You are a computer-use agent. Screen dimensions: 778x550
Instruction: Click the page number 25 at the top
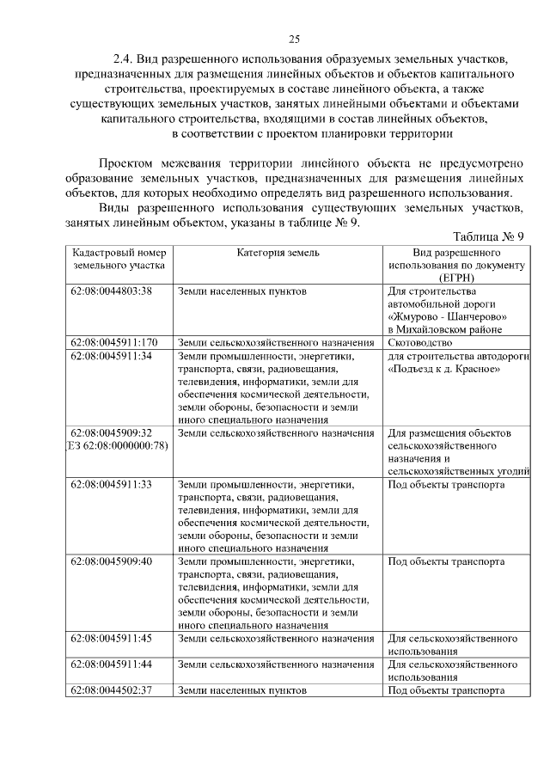[293, 40]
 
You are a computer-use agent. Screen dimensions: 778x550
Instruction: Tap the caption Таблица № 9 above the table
[487, 236]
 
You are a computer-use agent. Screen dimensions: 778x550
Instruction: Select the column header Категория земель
[278, 253]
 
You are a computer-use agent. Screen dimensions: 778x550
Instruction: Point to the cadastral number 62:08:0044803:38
[112, 291]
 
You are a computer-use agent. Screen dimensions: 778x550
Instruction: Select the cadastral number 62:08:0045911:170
[114, 343]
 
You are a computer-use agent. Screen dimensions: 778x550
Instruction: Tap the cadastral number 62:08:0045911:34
[112, 356]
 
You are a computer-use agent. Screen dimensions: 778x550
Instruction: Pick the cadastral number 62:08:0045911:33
[112, 484]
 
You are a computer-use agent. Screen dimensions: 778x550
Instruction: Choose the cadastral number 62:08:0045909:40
[112, 561]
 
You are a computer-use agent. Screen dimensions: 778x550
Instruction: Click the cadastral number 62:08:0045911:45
[112, 639]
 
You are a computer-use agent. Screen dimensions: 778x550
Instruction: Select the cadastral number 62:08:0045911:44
[112, 665]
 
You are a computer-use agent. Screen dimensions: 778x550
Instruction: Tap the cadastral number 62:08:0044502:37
[112, 690]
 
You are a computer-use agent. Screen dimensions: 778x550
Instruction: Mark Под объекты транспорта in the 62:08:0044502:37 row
[446, 690]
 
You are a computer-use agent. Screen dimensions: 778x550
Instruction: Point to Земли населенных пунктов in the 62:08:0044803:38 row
[241, 291]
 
